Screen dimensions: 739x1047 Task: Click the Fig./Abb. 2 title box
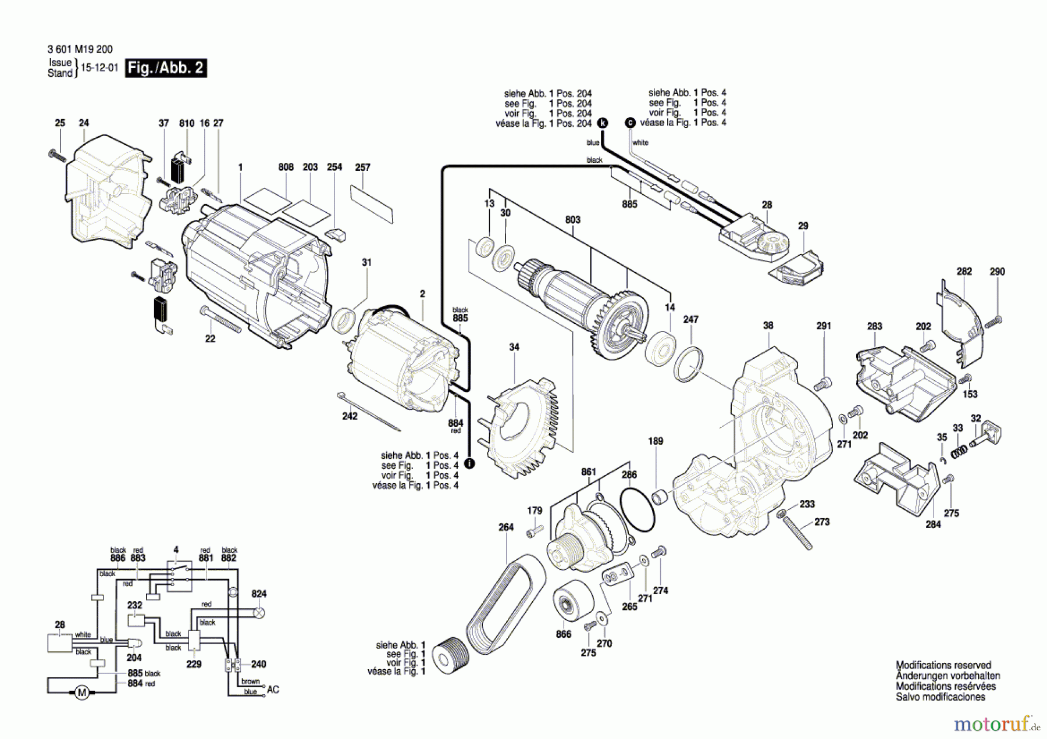pyautogui.click(x=166, y=68)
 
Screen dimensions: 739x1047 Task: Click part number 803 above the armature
pyautogui.click(x=572, y=220)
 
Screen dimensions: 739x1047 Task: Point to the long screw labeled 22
pyautogui.click(x=221, y=319)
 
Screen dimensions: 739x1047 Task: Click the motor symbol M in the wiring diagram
pyautogui.click(x=81, y=692)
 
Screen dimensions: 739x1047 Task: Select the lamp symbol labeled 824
pyautogui.click(x=259, y=612)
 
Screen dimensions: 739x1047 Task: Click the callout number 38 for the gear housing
pyautogui.click(x=768, y=326)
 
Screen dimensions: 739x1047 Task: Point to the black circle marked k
pyautogui.click(x=603, y=123)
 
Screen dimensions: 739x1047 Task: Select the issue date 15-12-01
pyautogui.click(x=99, y=68)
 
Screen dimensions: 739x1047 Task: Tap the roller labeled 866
pyautogui.click(x=572, y=605)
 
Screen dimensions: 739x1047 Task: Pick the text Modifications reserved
pyautogui.click(x=943, y=665)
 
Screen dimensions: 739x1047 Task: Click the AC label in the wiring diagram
pyautogui.click(x=273, y=690)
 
